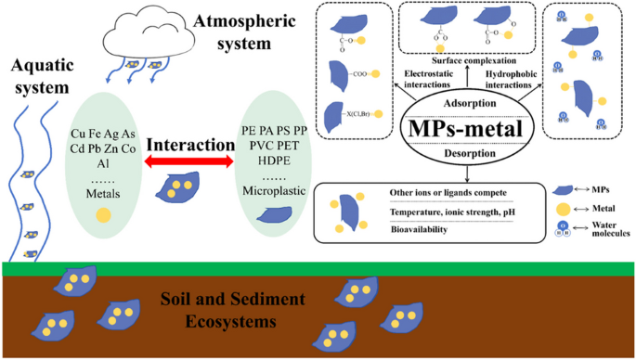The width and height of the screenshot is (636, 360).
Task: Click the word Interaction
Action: pyautogui.click(x=189, y=146)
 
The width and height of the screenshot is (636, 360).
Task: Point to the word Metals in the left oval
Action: pyautogui.click(x=105, y=193)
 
